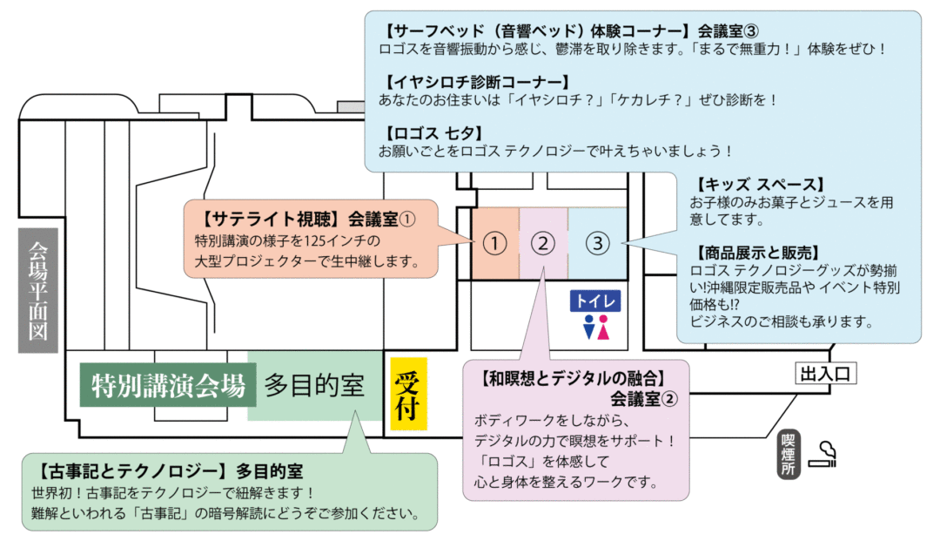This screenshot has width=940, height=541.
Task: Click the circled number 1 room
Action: coord(495,244)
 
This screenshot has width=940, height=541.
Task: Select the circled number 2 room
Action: coord(543,244)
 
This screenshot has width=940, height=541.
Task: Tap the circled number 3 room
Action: coord(598,244)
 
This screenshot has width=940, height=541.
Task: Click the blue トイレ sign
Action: coord(595,301)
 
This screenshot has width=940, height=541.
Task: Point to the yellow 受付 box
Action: coord(408,394)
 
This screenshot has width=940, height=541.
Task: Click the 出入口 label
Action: coord(825,374)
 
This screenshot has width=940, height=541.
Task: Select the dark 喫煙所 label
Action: coord(789,454)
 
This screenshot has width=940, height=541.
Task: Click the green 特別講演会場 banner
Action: coord(168,385)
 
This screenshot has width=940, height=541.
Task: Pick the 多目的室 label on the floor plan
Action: coord(315,385)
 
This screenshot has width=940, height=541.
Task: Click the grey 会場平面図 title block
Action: coord(38,290)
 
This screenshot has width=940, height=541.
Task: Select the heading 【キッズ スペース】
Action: coord(757,184)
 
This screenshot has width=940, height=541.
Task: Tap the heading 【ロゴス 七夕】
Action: coord(433,132)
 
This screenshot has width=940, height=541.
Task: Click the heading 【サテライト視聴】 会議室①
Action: coord(305,220)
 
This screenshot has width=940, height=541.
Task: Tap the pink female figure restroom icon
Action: coord(603,328)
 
